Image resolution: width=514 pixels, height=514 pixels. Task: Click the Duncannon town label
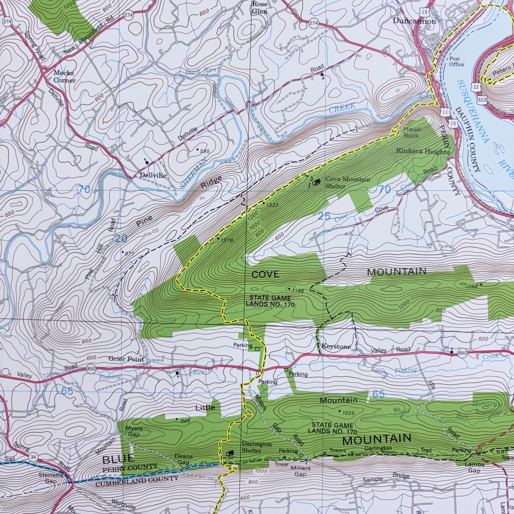coord(414,21)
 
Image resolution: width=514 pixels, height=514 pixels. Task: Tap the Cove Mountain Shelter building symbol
coord(316,182)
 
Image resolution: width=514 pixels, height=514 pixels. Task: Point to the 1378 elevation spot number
coord(227,241)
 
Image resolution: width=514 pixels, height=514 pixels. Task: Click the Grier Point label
coord(126,359)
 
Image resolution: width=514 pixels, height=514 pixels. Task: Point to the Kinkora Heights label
coord(423,152)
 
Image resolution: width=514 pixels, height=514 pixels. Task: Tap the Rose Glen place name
coord(260,8)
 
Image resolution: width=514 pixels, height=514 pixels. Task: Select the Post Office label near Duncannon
coord(457,62)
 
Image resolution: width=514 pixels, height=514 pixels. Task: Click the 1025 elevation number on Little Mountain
coord(348,413)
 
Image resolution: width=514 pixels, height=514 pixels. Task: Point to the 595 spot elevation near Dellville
coord(205,151)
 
